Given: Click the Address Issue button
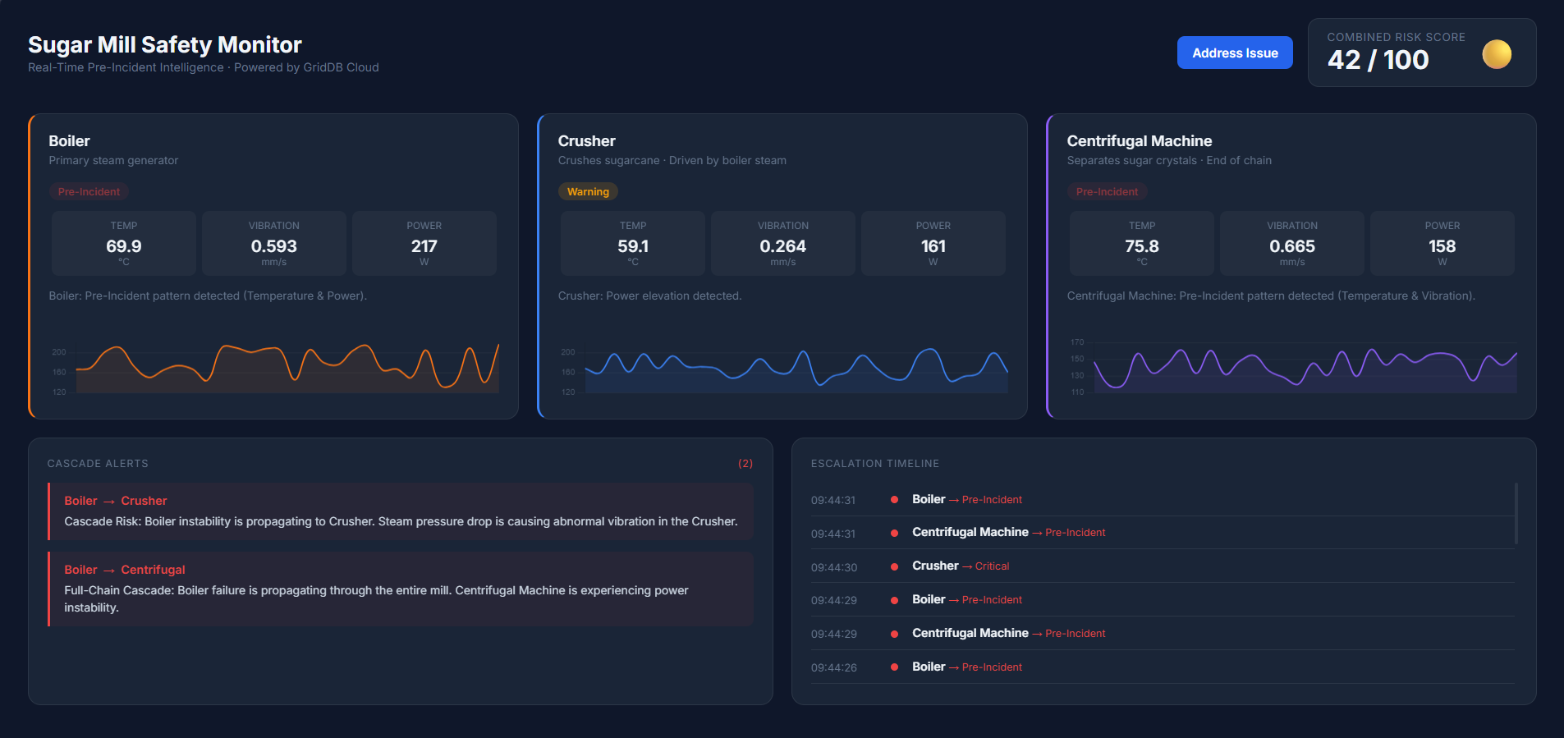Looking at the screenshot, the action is tap(1235, 53).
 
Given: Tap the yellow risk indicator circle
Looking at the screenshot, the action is tap(1497, 54).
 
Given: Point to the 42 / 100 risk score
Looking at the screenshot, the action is tap(1378, 60).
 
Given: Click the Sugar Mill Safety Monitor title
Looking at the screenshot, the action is tap(165, 44).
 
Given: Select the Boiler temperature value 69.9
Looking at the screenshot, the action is tap(124, 246).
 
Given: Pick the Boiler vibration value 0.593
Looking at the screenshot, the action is tap(274, 246).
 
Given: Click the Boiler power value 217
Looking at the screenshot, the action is tap(424, 246).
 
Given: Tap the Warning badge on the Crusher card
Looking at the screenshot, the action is tap(588, 191).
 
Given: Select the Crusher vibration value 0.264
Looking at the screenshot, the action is tap(783, 246).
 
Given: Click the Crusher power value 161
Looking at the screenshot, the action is tap(933, 246).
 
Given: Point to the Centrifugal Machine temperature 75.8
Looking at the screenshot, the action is tap(1142, 246).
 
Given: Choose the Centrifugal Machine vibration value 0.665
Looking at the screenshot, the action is tap(1292, 246).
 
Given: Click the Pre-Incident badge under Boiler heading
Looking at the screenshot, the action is tap(89, 191).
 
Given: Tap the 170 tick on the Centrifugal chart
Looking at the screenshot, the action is tap(1077, 342).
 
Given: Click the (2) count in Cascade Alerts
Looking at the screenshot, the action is tap(745, 464).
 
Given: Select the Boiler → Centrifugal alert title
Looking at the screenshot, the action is tap(125, 570).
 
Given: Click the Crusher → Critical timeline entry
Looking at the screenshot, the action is tap(961, 566).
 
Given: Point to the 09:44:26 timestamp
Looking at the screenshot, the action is tap(834, 667).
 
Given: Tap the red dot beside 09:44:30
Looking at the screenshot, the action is tap(894, 566).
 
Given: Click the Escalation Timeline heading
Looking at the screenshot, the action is tap(875, 464).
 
